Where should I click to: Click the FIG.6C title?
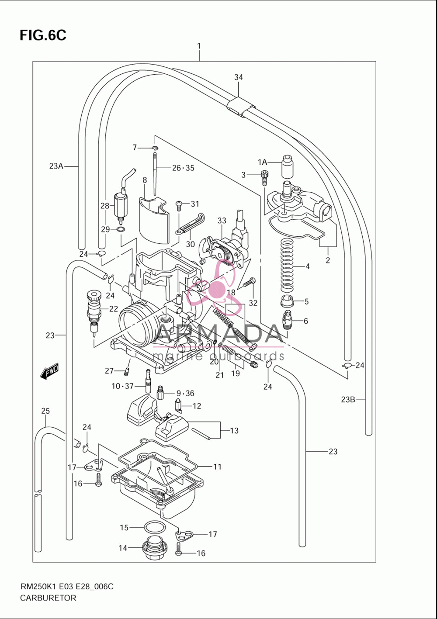(43, 35)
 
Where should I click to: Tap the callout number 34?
(239, 77)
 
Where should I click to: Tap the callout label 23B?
(348, 400)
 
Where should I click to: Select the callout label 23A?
(56, 166)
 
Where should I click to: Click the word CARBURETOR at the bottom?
(48, 598)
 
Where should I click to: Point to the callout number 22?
(114, 309)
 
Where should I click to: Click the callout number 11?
(217, 467)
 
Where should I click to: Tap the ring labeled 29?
(121, 229)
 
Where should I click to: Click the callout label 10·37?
(122, 386)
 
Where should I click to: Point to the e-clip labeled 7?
(156, 148)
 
